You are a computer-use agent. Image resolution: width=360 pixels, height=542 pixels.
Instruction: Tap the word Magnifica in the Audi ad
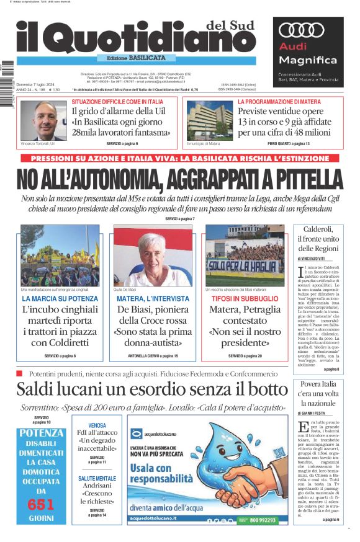(307, 60)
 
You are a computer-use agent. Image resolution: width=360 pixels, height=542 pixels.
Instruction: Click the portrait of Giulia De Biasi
(152, 255)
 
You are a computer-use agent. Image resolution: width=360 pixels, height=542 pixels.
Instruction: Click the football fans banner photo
(244, 255)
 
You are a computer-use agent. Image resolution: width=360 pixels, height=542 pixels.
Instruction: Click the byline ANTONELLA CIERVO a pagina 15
(152, 356)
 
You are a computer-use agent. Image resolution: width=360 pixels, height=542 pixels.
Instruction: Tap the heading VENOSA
(97, 425)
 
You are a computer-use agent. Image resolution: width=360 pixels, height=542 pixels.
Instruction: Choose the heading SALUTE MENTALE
(97, 479)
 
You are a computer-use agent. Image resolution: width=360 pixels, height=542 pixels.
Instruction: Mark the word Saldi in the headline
(38, 389)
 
